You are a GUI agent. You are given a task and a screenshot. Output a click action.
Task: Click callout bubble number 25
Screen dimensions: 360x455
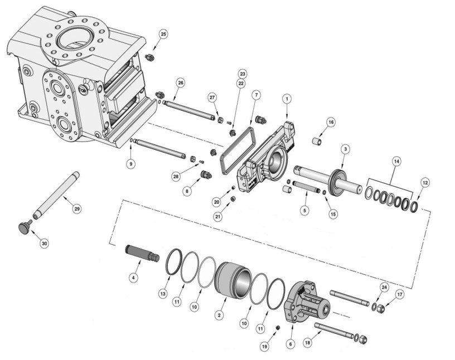coord(163,35)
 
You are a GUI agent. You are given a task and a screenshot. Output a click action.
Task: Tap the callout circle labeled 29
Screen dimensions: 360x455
coord(78,208)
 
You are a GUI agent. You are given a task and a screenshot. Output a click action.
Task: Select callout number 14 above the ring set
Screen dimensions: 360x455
coord(396,162)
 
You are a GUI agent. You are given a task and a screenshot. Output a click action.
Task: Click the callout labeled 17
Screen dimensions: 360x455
coord(400,294)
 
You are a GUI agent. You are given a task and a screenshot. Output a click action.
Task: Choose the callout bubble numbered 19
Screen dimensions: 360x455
coord(265,346)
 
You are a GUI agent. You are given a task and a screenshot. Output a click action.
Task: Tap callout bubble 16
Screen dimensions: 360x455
coord(330,122)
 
